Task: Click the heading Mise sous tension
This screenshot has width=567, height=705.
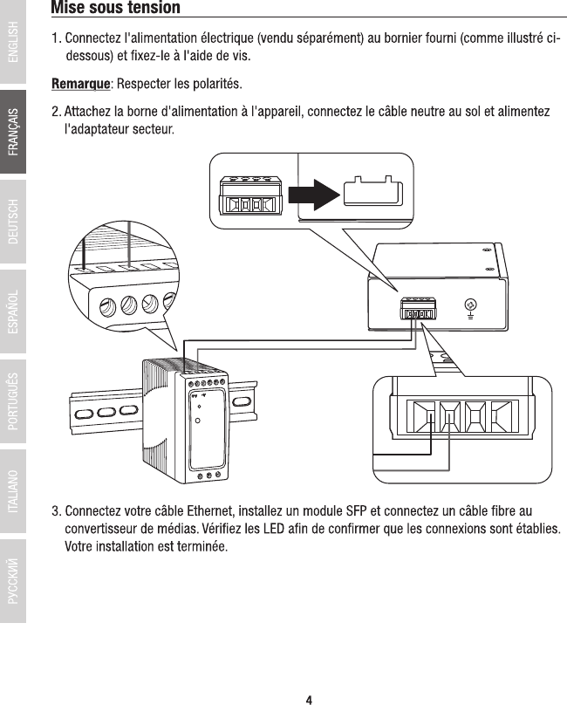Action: pos(116,8)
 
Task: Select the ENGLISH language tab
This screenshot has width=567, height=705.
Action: pos(13,43)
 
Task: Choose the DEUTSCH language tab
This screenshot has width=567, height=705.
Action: pos(13,222)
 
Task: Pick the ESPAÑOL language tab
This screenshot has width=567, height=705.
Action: pos(13,311)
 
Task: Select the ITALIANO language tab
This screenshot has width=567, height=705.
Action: pos(13,490)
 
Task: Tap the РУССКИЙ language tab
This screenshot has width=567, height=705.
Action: pos(13,580)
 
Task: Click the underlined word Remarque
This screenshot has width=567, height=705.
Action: pos(80,85)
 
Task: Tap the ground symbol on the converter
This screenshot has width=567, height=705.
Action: pos(470,305)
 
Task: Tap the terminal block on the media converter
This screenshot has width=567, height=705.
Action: pos(418,311)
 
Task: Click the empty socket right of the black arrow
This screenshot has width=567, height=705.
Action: pos(372,192)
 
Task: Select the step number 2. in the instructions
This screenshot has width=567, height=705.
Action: pos(56,113)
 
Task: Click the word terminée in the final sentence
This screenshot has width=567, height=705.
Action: pos(202,547)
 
